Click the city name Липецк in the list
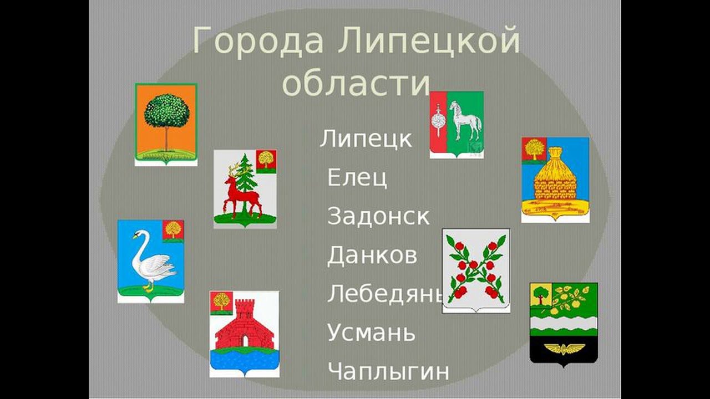366,139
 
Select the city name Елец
357,177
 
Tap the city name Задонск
378,216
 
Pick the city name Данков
372,255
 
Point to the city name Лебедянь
385,294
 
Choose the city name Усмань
371,332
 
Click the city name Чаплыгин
388,371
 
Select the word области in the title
356,83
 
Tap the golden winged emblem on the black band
564,349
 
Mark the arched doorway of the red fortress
245,340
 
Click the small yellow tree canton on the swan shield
173,231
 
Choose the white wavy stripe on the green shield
564,322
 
